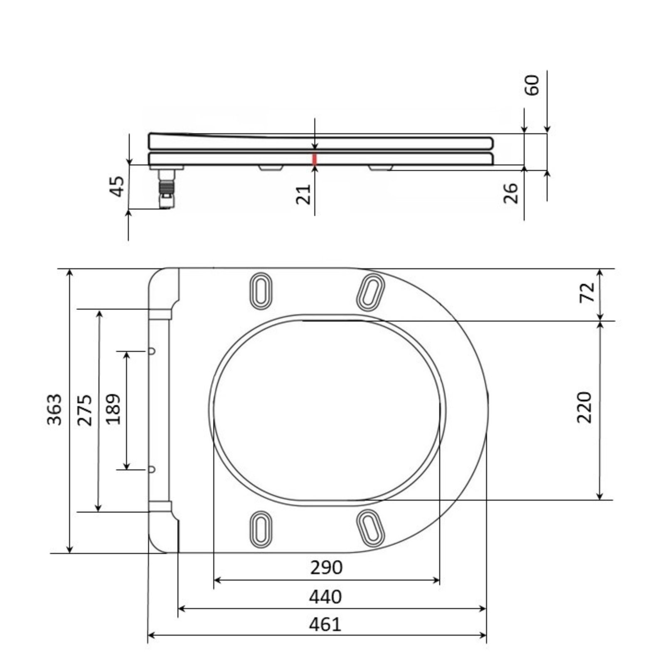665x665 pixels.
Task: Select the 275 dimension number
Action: (85, 410)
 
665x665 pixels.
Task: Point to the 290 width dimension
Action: (327, 567)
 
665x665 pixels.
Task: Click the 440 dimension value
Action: (325, 597)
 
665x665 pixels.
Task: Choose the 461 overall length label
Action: (325, 624)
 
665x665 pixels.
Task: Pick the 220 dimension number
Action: (584, 407)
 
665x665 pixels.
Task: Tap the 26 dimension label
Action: (511, 193)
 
